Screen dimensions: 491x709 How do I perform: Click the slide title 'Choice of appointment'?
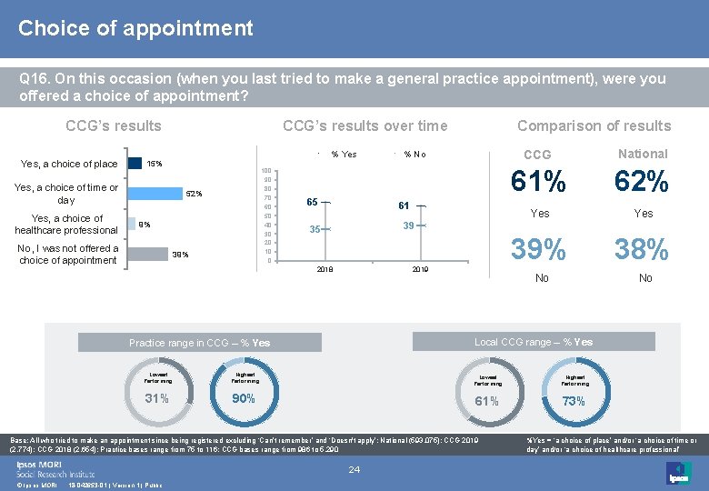(x=135, y=28)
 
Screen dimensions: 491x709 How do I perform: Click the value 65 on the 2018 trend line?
(x=311, y=203)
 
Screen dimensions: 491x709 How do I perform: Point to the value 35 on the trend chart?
(x=314, y=229)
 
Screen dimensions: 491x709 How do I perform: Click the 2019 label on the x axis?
(x=421, y=271)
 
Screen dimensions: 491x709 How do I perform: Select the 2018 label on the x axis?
(x=325, y=271)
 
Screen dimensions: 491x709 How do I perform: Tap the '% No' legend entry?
(x=414, y=154)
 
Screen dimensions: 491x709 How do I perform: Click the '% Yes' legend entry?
(x=343, y=154)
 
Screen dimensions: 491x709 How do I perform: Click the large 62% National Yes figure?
(x=642, y=184)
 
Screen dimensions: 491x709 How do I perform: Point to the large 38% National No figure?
(x=642, y=249)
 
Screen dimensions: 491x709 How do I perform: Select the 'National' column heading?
(x=642, y=154)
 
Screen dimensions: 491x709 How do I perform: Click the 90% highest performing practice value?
(x=245, y=398)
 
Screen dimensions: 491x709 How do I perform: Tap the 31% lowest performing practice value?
(x=157, y=398)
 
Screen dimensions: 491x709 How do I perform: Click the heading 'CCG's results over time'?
(x=364, y=125)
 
